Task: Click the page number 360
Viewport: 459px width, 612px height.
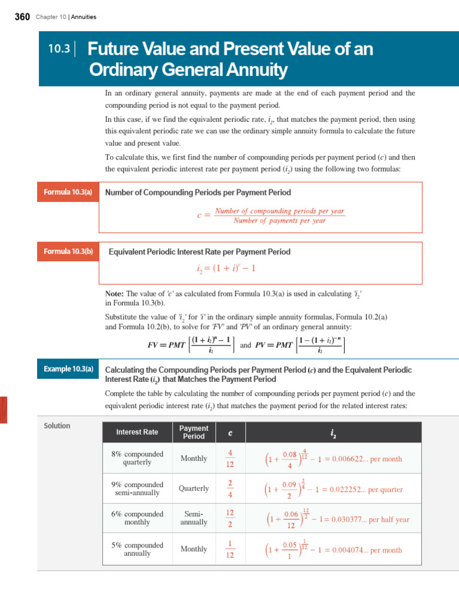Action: pyautogui.click(x=22, y=17)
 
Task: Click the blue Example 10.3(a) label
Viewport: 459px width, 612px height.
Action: pyautogui.click(x=68, y=369)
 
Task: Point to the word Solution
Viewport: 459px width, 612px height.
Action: pyautogui.click(x=57, y=426)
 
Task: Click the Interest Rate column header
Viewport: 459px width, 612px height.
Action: pyautogui.click(x=137, y=432)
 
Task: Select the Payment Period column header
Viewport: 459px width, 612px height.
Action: pyautogui.click(x=194, y=432)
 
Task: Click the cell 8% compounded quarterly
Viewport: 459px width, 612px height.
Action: pyautogui.click(x=137, y=458)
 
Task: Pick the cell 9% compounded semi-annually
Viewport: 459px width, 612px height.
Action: pyautogui.click(x=137, y=489)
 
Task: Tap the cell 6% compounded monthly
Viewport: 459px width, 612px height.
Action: pyautogui.click(x=137, y=518)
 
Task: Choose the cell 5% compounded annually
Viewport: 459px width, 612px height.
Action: pyautogui.click(x=137, y=549)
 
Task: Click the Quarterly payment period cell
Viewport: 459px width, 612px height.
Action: pyautogui.click(x=194, y=488)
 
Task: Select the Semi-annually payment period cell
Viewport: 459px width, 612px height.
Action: pyautogui.click(x=194, y=518)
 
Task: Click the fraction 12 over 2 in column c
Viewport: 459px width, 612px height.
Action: pyautogui.click(x=230, y=519)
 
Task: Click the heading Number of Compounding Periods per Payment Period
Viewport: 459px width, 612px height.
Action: pyautogui.click(x=198, y=192)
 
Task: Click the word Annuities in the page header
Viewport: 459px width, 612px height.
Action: pyautogui.click(x=84, y=17)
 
